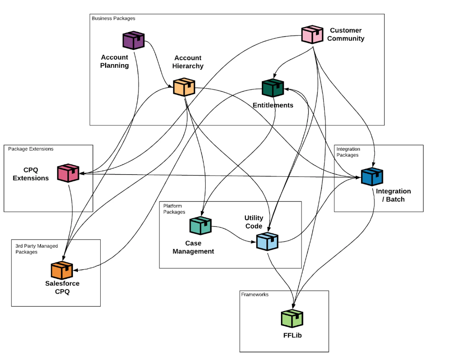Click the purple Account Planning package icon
coord(134,40)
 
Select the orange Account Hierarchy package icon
coord(184,87)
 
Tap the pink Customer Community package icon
coord(312,34)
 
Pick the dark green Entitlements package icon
coord(273,88)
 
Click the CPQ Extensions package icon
coord(68,173)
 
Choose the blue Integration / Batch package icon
coord(372,176)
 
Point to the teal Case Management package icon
coord(200,225)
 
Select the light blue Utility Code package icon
coord(267,241)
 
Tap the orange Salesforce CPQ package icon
coord(62,270)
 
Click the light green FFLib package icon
coord(292,318)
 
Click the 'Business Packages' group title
coord(114,18)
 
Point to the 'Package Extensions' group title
coord(31,149)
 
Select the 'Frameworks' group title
coord(255,294)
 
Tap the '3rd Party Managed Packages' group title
coord(37,249)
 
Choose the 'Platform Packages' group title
coord(174,209)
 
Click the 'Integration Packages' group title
coord(348,152)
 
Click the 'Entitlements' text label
coord(273,105)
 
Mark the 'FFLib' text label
coord(293,335)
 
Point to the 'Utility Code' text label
coord(254,222)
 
